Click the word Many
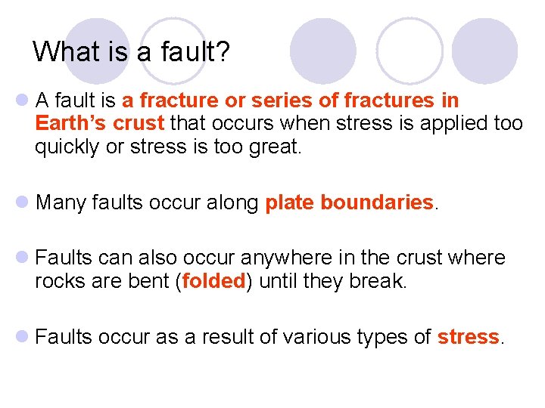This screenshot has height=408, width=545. tap(63, 202)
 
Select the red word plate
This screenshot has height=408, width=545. tap(289, 202)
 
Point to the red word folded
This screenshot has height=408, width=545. tap(214, 281)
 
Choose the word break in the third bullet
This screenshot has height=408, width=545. tap(378, 281)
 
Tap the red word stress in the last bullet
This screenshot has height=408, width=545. tap(469, 337)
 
